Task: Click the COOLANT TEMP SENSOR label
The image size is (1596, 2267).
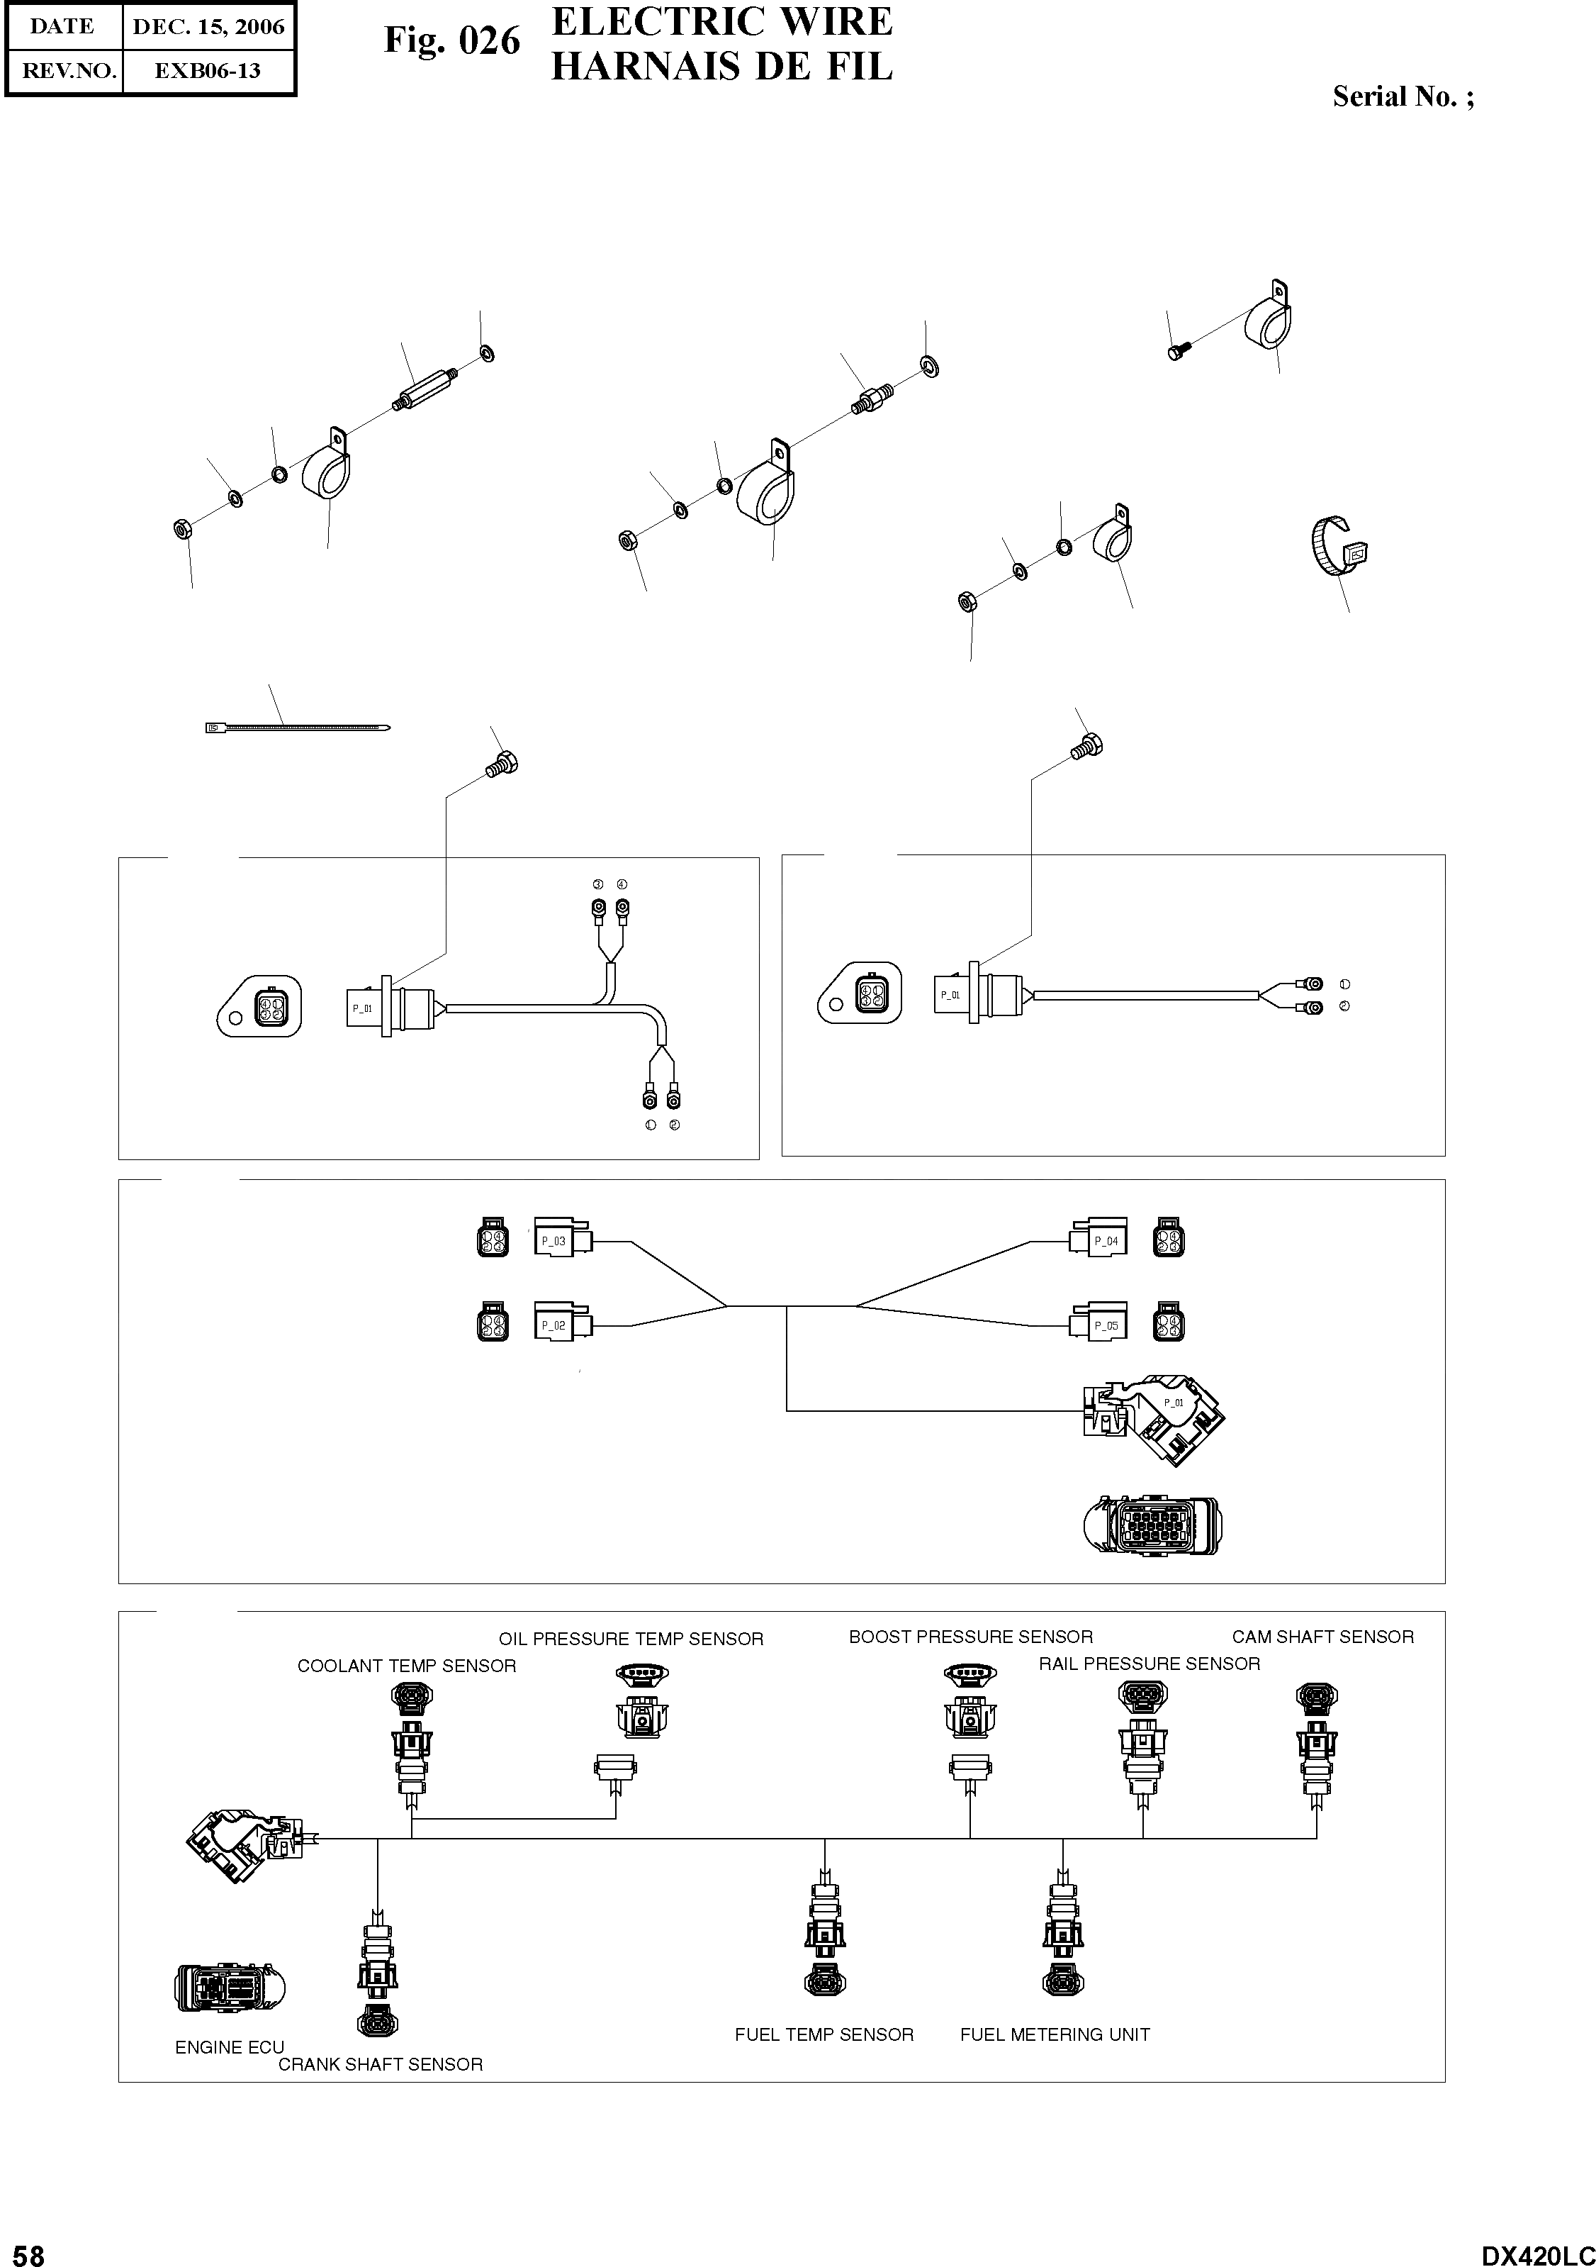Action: [x=407, y=1666]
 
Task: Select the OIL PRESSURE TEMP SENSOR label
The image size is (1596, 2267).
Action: [x=631, y=1639]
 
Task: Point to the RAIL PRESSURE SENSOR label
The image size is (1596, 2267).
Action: [x=1149, y=1664]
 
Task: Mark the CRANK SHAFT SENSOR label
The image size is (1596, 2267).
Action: [x=380, y=2056]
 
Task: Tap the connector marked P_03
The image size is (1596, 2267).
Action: [x=561, y=1240]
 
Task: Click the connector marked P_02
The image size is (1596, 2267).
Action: [x=561, y=1325]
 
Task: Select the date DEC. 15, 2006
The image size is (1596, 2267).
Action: [x=208, y=27]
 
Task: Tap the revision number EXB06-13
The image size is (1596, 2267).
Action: [x=208, y=71]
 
